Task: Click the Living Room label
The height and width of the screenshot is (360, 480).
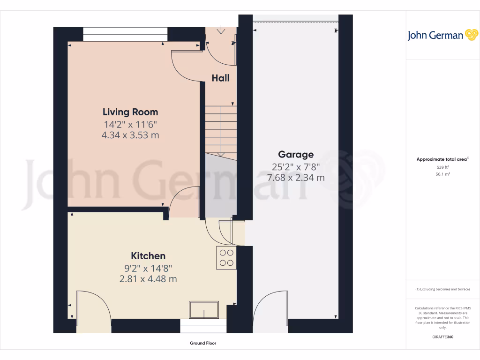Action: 130,112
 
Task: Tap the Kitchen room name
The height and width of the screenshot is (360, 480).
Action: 148,256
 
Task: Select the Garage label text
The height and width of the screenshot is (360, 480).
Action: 295,154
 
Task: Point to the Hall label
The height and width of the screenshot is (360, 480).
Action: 220,78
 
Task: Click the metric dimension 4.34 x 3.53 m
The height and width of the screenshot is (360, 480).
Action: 130,135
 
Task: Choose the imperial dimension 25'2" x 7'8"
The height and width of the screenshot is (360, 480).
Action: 295,166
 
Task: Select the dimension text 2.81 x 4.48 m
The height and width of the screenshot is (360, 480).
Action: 148,279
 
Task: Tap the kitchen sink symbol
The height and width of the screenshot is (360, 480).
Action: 204,310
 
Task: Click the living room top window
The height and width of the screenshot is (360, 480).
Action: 125,34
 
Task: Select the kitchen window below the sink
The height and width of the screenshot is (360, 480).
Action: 203,326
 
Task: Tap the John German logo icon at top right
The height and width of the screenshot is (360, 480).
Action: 471,35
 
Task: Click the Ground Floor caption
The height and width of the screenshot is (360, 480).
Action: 203,343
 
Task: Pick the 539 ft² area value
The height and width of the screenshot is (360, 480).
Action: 442,167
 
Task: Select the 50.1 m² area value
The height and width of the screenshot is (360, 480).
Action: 442,174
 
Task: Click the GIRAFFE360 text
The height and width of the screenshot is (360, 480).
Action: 442,337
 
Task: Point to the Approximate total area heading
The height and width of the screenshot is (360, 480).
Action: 442,159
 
